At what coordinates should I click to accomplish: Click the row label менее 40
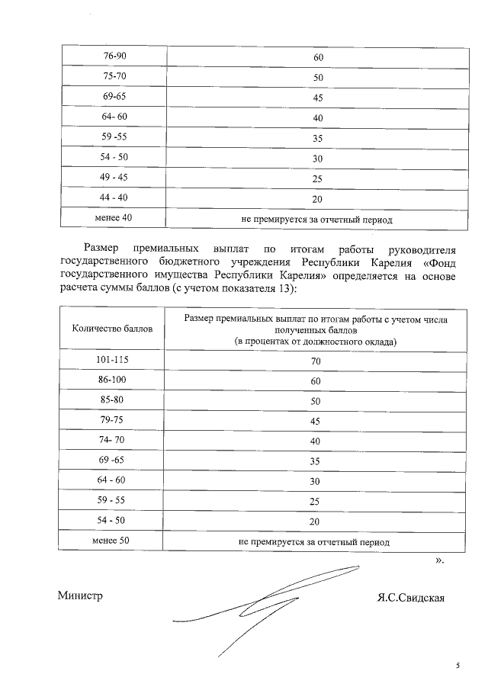click(x=113, y=219)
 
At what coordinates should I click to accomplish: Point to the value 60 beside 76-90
click(x=318, y=58)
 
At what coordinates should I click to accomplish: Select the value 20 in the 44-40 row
click(x=318, y=200)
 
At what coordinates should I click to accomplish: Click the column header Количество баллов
click(x=112, y=329)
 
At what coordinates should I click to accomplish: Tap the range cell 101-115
click(x=112, y=360)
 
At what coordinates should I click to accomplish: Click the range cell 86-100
click(x=112, y=380)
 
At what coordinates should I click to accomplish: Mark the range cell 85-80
click(x=112, y=400)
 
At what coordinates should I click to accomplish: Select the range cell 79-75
click(x=112, y=420)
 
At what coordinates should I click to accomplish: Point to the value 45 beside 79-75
click(x=315, y=421)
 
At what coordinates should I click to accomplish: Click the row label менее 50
click(x=112, y=541)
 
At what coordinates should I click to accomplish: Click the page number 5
click(x=458, y=666)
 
